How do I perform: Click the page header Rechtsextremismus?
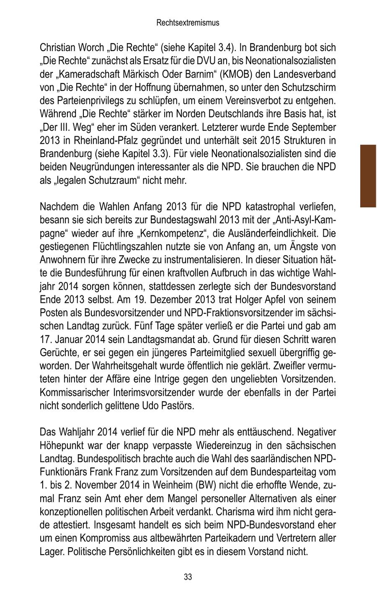tap(188, 23)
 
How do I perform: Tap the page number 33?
tap(188, 577)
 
